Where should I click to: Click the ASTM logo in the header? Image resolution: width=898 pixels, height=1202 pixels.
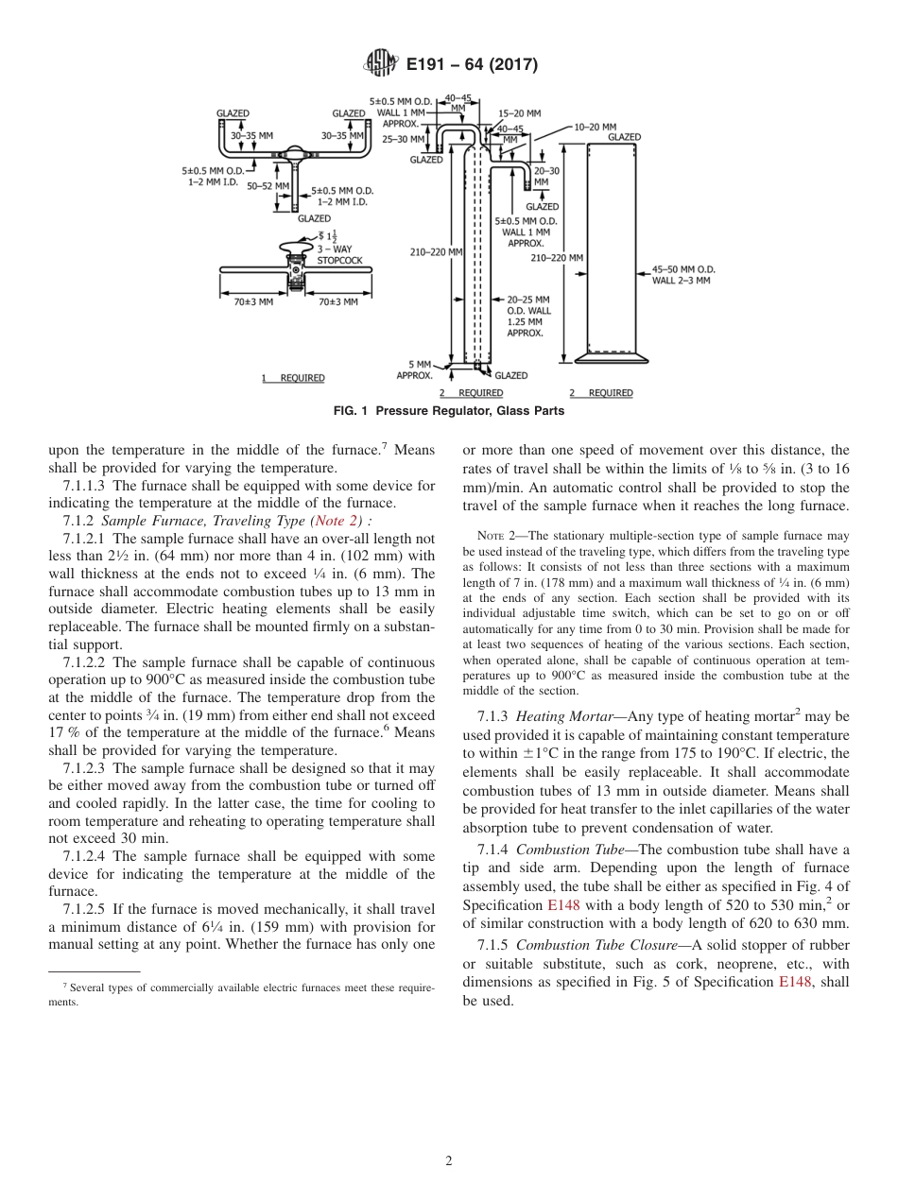pos(380,64)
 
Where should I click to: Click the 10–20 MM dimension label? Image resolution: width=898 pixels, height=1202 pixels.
pos(595,127)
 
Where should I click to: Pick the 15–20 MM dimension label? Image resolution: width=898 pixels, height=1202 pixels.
pos(520,112)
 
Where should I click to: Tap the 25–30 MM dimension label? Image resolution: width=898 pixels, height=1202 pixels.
pos(404,139)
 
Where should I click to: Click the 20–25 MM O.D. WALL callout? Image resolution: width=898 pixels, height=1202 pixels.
pos(528,316)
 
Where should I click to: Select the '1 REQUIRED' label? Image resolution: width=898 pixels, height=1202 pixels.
pos(293,378)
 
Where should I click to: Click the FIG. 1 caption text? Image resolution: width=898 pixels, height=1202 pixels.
pos(449,410)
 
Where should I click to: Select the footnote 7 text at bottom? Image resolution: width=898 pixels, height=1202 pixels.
pos(241,993)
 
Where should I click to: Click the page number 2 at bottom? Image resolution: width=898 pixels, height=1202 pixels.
pos(449,1161)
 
